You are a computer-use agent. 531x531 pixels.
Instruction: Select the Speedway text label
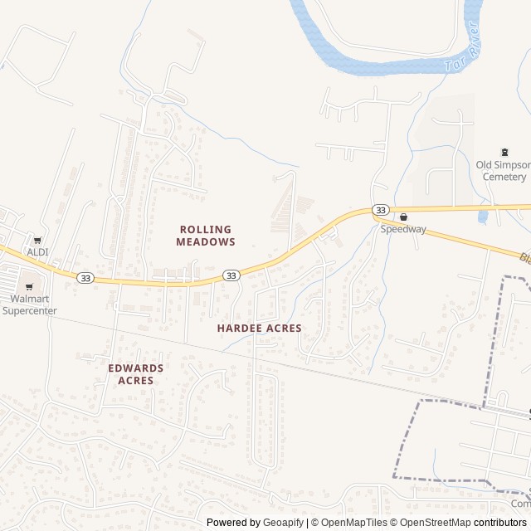(403, 229)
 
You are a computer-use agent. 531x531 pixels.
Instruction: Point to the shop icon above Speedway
(403, 217)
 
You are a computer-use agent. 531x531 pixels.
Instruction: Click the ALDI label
(38, 251)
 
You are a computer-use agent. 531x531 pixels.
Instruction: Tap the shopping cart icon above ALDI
(37, 240)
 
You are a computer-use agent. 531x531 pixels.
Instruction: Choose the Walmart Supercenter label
(29, 304)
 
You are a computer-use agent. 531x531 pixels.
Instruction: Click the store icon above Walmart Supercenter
(29, 287)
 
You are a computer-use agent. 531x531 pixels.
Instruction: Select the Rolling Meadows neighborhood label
(205, 236)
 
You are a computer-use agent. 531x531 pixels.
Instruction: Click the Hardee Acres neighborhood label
(259, 329)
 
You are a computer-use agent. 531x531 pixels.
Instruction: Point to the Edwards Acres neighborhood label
(136, 374)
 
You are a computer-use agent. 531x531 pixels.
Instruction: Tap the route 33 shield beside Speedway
(380, 211)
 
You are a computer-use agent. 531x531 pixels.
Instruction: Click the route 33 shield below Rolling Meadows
(231, 275)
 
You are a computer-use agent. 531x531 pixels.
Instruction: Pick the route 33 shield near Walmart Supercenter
(85, 277)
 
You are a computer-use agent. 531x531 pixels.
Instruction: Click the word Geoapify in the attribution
(283, 523)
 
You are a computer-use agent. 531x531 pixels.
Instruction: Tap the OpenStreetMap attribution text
(432, 523)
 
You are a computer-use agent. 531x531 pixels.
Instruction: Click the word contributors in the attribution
(501, 523)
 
